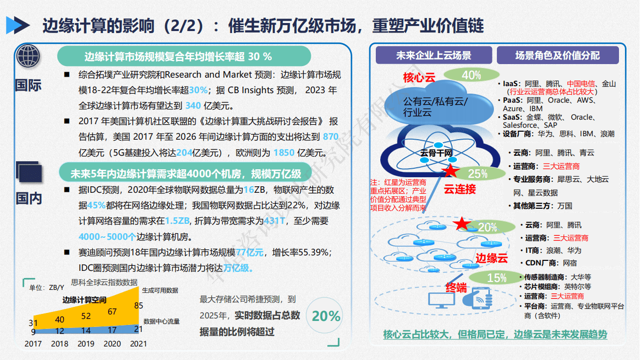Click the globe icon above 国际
[x=29, y=56]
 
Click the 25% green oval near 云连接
[x=477, y=173]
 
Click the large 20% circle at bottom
[x=326, y=316]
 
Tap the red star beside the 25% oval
[x=450, y=171]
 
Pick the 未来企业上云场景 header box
[x=433, y=55]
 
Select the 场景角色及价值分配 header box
[x=557, y=55]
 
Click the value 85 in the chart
[x=139, y=305]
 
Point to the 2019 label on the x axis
[x=86, y=344]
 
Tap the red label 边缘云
[x=491, y=258]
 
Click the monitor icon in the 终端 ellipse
[x=441, y=299]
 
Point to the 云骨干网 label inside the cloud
[x=436, y=152]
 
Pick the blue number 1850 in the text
[x=284, y=153]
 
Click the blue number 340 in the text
[x=193, y=106]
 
